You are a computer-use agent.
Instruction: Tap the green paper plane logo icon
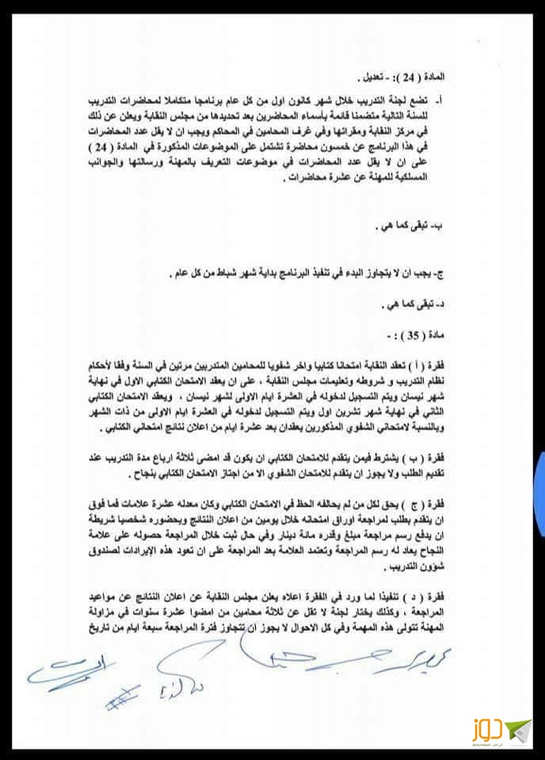518,728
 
